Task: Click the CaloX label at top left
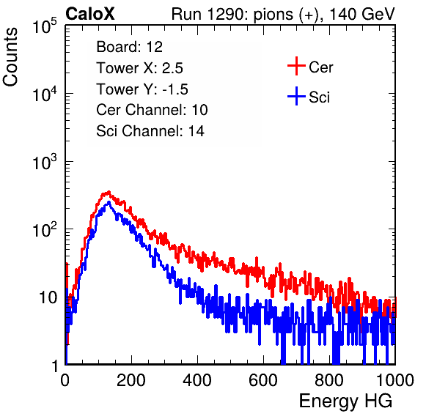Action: pyautogui.click(x=90, y=14)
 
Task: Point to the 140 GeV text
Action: pyautogui.click(x=362, y=14)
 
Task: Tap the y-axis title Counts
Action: pyautogui.click(x=10, y=57)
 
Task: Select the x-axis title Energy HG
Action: pyautogui.click(x=345, y=401)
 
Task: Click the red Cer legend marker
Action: pyautogui.click(x=296, y=66)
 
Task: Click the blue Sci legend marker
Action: pyautogui.click(x=296, y=96)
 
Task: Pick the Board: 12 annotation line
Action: pyautogui.click(x=129, y=47)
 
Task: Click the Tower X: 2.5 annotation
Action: pyautogui.click(x=139, y=68)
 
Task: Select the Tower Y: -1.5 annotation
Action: pyautogui.click(x=142, y=89)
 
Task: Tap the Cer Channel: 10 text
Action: pyautogui.click(x=152, y=110)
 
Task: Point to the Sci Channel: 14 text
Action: pyautogui.click(x=150, y=131)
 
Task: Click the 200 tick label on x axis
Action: pyautogui.click(x=131, y=380)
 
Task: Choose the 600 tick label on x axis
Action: pyautogui.click(x=263, y=380)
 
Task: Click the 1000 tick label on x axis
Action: pyautogui.click(x=395, y=380)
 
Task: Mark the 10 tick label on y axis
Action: pyautogui.click(x=48, y=297)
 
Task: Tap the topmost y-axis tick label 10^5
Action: pyautogui.click(x=45, y=26)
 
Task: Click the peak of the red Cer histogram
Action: pyautogui.click(x=109, y=191)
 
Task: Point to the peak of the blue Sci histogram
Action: pyautogui.click(x=109, y=202)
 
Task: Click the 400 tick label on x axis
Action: pyautogui.click(x=197, y=380)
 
